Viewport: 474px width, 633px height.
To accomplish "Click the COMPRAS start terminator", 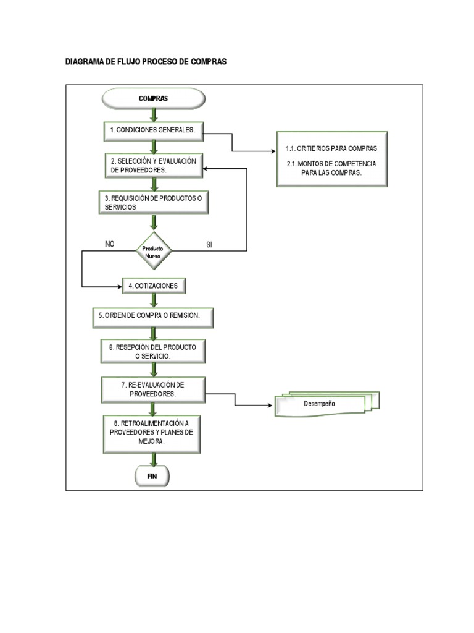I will coord(153,98).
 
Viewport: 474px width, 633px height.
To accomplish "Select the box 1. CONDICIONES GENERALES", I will coord(154,130).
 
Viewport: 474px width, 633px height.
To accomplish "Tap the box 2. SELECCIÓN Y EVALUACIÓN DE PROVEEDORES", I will coord(154,165).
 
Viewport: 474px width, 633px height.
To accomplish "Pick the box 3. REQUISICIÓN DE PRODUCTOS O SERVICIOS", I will coord(154,202).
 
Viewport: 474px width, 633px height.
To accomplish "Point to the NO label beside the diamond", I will coord(110,244).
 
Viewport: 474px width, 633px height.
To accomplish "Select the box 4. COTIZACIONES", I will coord(154,286).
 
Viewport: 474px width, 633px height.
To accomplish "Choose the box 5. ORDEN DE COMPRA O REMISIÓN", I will coord(154,316).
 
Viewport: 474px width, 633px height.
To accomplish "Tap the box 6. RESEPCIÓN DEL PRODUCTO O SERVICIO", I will coord(154,352).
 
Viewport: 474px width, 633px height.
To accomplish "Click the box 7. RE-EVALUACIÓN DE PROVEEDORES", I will coord(154,389).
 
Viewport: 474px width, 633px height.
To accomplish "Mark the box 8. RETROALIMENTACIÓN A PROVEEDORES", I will coord(154,432).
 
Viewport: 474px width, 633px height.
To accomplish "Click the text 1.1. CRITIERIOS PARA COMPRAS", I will coord(331,149).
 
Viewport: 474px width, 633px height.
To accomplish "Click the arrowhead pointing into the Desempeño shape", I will coord(271,406).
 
